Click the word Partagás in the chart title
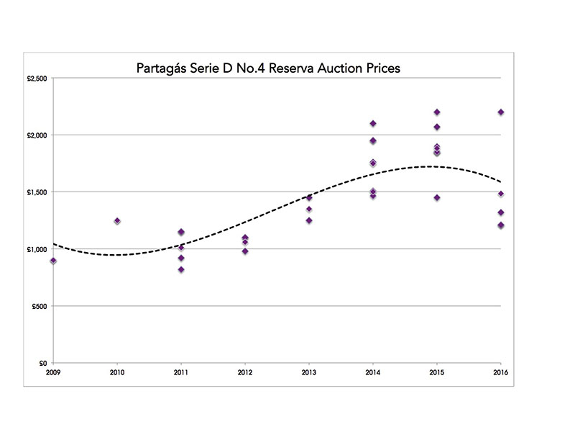pos(163,69)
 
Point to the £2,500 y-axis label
pos(37,78)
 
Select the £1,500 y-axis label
pos(37,192)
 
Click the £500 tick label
pos(40,306)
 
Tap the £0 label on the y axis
pos(43,364)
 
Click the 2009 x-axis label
pos(53,373)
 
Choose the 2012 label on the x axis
pos(245,373)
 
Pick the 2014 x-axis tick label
pos(372,373)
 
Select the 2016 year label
pos(500,373)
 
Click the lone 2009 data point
pos(53,261)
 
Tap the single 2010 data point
pos(117,221)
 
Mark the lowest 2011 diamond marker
pos(181,269)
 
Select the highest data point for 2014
pos(373,124)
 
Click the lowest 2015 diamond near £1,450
pos(436,197)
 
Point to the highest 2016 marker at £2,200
pos(501,112)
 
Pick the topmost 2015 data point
pos(436,112)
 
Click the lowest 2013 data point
pos(309,220)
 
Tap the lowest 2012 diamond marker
pos(245,251)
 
